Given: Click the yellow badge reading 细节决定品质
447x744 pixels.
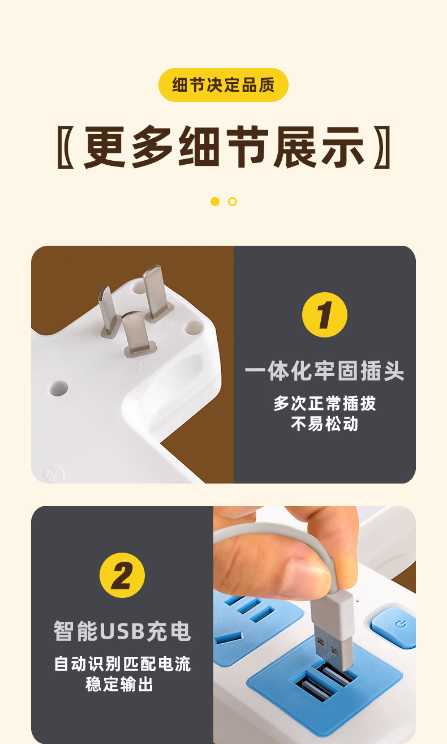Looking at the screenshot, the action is pos(223,85).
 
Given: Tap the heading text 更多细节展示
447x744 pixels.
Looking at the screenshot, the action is pos(223,147).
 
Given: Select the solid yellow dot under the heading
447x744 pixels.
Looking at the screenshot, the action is pos(215,201).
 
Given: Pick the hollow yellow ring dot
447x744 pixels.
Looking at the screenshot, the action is pos(233,201).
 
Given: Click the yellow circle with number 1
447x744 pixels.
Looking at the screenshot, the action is pos(325,315).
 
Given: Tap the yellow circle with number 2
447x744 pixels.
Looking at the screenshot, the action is pos(122,575).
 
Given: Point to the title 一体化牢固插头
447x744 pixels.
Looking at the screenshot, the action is pos(325,371).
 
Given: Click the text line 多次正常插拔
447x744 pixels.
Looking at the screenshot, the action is pos(325,404).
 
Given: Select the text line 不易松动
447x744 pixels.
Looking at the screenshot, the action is pos(325,424).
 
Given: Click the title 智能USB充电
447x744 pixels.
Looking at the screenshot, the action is pos(122,631).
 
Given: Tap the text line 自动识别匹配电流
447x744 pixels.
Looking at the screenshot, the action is pos(122,664).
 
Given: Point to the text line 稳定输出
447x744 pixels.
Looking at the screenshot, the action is pos(119,684).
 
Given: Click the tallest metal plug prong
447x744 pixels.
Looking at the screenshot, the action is pos(156,292).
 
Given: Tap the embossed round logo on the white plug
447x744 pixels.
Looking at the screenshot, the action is pos(54,473).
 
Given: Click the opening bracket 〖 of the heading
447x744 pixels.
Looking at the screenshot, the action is pos(66,147).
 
